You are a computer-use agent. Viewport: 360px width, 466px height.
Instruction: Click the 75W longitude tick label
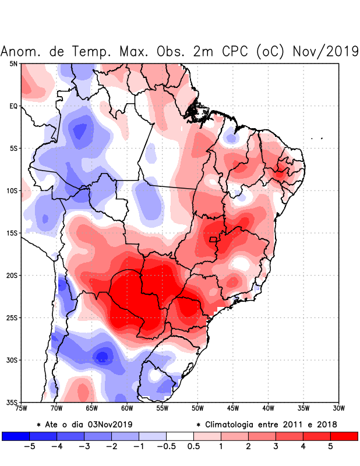point(22,408)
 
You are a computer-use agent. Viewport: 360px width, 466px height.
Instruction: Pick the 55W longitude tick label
point(163,408)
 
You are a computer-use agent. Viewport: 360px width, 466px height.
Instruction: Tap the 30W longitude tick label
point(339,408)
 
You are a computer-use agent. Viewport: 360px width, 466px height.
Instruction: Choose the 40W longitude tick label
point(269,408)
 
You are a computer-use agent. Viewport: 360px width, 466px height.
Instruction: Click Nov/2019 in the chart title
point(324,51)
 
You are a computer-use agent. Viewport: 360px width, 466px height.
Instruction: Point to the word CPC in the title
point(233,51)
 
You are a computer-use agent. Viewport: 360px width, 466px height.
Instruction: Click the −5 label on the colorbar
point(29,447)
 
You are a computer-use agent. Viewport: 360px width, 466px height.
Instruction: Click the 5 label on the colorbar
point(330,447)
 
